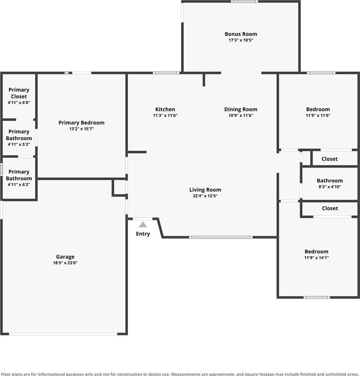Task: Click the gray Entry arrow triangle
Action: [x=143, y=225]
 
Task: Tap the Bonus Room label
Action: [x=241, y=34]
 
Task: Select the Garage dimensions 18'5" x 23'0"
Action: [x=65, y=263]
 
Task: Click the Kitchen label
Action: [x=165, y=109]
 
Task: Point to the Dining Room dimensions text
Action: [x=241, y=115]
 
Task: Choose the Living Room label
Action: [x=205, y=190]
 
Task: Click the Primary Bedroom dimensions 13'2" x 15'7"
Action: [x=82, y=129]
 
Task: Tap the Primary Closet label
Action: [x=19, y=93]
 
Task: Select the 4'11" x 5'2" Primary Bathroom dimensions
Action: [x=19, y=144]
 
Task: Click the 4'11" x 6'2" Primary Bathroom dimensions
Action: [x=19, y=184]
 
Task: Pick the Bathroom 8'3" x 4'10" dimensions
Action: [x=330, y=186]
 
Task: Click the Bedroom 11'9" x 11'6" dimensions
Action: [x=318, y=115]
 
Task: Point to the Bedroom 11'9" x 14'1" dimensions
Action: [x=317, y=258]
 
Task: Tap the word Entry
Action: [x=143, y=234]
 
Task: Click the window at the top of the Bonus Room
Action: [x=244, y=2]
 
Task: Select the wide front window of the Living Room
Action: [x=221, y=237]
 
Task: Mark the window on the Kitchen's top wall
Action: [x=166, y=73]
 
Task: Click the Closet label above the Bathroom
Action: [x=329, y=159]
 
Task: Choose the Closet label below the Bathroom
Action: [x=330, y=208]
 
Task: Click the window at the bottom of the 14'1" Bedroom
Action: [x=317, y=297]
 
